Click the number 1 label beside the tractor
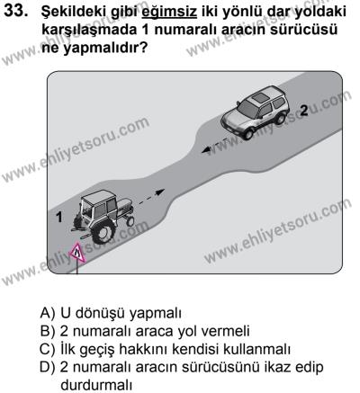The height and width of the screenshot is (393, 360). [58, 217]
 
